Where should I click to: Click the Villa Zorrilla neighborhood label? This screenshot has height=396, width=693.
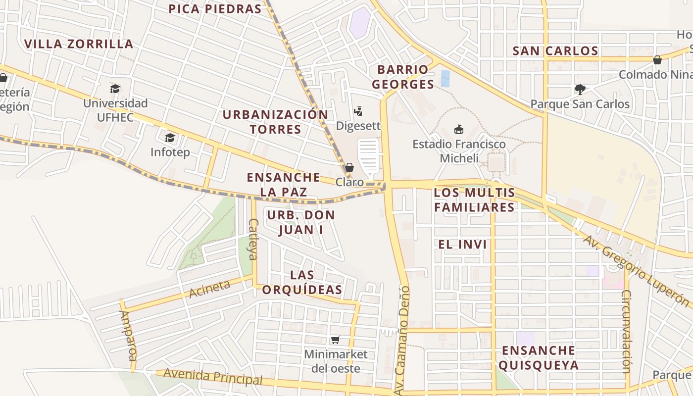pos(79,44)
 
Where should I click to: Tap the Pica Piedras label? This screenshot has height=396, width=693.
pos(215,9)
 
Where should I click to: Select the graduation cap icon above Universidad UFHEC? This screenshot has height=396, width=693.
pos(115,89)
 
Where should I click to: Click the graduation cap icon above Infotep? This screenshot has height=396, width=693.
pos(170,138)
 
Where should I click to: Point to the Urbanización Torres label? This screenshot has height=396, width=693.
pos(275,122)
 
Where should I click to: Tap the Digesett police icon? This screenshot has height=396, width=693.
pos(358,111)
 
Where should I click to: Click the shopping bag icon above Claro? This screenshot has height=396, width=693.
pos(349,167)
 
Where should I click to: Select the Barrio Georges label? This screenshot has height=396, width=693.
pos(403,77)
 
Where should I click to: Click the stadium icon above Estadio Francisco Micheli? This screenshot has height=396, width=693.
pos(459,130)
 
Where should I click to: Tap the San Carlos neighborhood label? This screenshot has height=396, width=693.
pos(555,50)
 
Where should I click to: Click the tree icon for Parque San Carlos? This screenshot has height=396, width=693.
pos(580,90)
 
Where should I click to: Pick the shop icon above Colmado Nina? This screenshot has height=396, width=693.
pos(657,60)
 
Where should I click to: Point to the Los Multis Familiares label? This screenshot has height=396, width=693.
pos(475,199)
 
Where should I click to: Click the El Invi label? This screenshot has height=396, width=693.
pos(462,244)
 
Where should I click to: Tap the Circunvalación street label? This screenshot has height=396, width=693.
pos(626,332)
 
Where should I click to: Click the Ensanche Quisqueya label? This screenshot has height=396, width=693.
pos(538,358)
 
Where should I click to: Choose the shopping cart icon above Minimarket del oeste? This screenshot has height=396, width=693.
pos(336,340)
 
